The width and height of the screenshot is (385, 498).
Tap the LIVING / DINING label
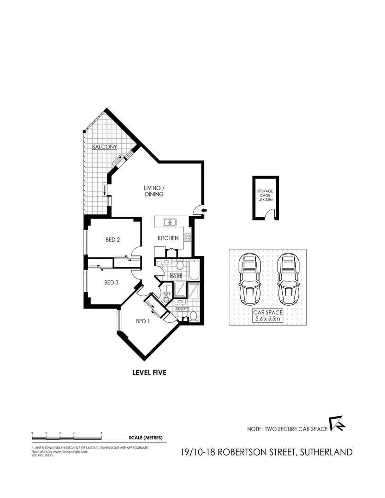coord(154,191)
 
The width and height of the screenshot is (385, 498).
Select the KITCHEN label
coord(168,238)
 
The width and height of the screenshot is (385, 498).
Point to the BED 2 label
coord(113,239)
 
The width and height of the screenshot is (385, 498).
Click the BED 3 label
coord(112,283)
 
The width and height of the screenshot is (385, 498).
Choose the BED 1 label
coord(143,321)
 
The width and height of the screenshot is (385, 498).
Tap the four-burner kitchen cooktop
coord(188,238)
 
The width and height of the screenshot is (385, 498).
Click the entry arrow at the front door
coord(204,210)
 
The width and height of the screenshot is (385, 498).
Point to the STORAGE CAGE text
coord(265,196)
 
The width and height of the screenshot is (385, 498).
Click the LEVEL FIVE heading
coord(149,373)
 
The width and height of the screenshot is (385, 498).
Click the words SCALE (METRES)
coord(146,437)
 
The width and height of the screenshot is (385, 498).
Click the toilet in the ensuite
coord(194,317)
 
